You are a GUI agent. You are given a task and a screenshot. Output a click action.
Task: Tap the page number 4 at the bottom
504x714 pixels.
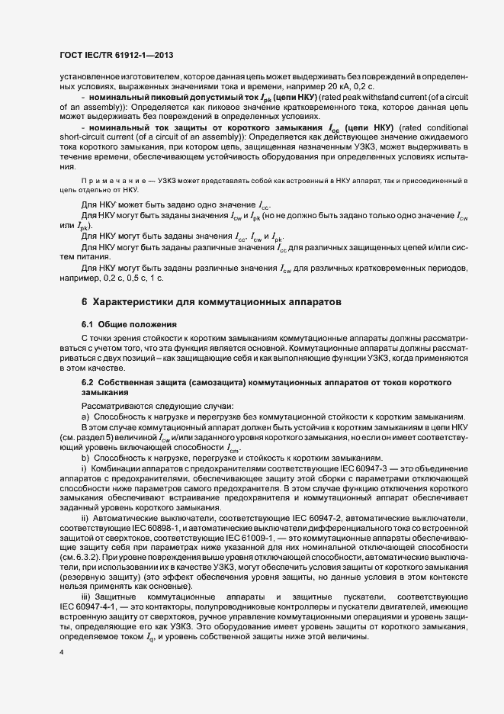(61, 653)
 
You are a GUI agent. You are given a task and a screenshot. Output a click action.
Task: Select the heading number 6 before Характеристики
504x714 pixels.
(85, 302)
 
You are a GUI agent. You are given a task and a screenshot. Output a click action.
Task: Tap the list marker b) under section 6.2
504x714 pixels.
(85, 457)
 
